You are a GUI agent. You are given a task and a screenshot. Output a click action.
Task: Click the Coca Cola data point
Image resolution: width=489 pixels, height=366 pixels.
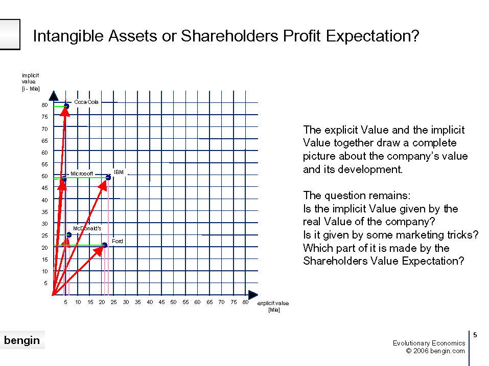click(66, 106)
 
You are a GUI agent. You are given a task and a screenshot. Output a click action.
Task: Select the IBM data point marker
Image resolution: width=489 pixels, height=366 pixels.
click(108, 178)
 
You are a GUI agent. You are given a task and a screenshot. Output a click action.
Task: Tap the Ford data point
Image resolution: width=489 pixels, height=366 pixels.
click(105, 245)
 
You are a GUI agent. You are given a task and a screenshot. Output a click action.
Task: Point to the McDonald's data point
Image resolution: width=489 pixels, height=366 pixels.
click(69, 235)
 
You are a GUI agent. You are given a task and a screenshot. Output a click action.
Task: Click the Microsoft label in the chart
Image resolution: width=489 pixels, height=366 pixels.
click(82, 174)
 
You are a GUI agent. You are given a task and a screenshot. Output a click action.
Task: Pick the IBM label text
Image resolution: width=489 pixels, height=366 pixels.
click(119, 172)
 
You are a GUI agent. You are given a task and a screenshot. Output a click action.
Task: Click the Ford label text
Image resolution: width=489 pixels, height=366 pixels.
click(118, 241)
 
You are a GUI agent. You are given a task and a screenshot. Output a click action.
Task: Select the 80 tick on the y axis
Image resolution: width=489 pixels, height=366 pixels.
click(44, 105)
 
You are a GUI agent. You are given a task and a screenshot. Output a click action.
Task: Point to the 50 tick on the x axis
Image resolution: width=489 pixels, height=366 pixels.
click(173, 302)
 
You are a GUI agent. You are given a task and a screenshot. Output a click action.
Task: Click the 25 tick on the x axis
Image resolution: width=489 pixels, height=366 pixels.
click(113, 302)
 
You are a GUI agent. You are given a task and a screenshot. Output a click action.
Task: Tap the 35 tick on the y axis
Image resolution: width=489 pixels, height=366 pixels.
click(44, 212)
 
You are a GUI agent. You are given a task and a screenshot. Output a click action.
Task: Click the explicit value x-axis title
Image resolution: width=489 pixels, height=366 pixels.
click(273, 306)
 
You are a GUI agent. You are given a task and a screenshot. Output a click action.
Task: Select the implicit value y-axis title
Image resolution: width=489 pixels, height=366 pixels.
click(31, 82)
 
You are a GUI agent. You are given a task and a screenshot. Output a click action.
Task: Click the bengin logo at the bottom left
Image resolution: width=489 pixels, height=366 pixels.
click(22, 340)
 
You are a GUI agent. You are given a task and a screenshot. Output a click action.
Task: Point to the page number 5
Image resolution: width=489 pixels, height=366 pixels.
click(475, 335)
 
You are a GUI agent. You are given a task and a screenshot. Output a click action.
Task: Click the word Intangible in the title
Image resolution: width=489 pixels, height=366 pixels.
click(68, 36)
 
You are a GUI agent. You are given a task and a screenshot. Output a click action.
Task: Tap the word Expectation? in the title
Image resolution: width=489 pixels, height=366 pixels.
click(372, 36)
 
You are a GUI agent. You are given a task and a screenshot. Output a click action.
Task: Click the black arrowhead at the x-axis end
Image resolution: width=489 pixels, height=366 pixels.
click(253, 294)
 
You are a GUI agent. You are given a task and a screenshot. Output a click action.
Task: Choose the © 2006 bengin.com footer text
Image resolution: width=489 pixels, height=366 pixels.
click(435, 351)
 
